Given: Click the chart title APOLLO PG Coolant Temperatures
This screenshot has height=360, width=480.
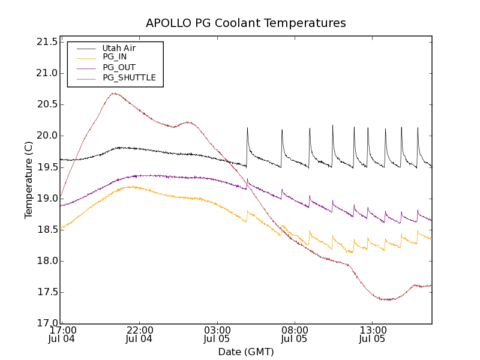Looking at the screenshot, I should (246, 23).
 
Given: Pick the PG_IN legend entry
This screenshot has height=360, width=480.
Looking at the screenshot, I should (115, 57).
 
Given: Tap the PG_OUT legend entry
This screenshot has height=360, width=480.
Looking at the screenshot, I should (119, 67).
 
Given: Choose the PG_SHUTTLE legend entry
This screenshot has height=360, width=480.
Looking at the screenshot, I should (129, 77).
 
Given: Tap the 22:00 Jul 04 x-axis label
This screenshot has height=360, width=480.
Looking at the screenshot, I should (139, 334).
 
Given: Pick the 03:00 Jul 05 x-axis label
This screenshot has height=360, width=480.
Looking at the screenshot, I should (217, 334).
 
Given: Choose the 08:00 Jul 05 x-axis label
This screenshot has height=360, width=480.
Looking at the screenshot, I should (295, 334).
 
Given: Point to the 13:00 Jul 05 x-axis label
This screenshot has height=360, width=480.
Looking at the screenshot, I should (373, 334).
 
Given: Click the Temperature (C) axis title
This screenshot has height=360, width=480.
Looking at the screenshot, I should (29, 179).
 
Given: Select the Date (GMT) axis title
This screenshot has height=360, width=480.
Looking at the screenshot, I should (246, 352).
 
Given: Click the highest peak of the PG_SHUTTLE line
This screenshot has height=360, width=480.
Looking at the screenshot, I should (113, 93).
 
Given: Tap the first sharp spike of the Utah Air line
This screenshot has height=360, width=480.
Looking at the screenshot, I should (247, 128).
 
